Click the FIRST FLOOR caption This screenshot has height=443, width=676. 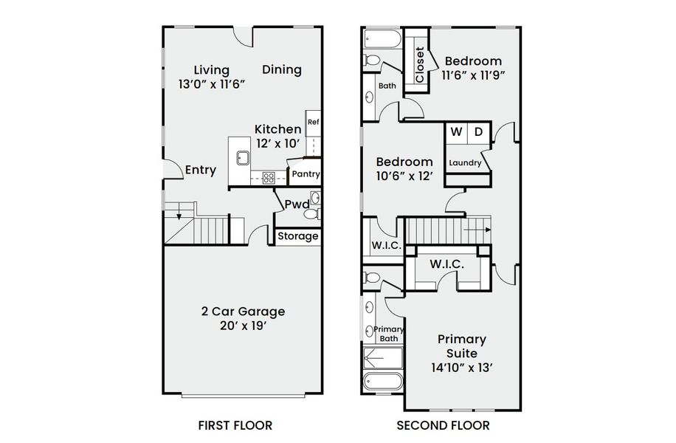[x=235, y=425]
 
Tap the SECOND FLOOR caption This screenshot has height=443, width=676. [x=443, y=425]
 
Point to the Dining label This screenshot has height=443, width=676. [x=282, y=70]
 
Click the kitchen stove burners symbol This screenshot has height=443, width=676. [x=269, y=177]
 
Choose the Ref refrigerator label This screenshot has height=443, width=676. [x=313, y=123]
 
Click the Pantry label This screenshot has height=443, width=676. [x=306, y=174]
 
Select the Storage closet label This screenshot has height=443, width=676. [x=299, y=236]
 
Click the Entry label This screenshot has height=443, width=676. [x=201, y=171]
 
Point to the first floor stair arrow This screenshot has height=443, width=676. [x=179, y=215]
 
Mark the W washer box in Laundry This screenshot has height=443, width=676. [x=456, y=132]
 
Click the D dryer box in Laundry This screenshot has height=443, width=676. [x=478, y=132]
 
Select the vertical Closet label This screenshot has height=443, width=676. [x=420, y=65]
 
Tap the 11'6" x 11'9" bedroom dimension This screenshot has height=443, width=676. [x=473, y=75]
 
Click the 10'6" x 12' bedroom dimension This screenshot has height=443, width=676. [x=404, y=176]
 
